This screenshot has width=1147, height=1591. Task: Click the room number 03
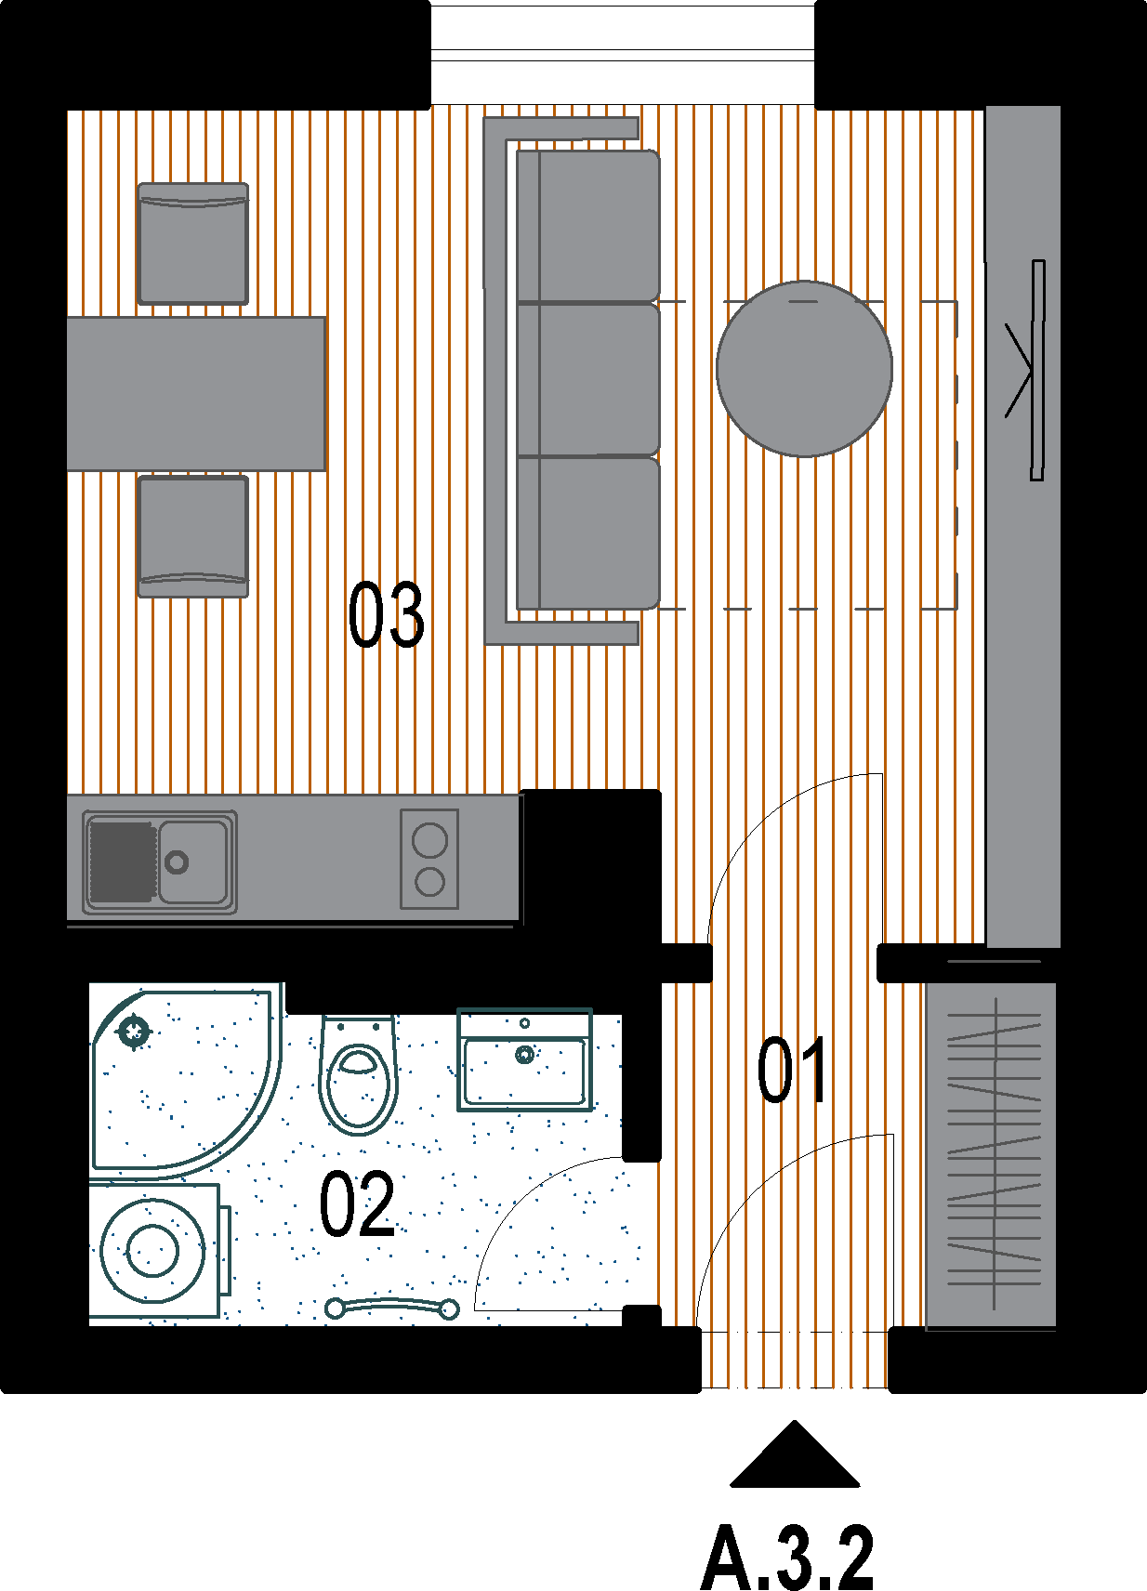387,614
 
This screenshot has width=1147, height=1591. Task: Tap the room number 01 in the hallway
792,1070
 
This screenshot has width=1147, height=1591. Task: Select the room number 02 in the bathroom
357,1203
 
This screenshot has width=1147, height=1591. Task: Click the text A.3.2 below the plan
787,1557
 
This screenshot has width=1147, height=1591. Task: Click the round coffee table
804,369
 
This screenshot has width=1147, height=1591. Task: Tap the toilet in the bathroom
359,1074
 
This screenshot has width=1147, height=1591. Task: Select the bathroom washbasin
524,1059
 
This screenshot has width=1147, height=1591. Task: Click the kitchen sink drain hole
176,862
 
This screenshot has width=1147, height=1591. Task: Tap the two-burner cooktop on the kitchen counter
429,859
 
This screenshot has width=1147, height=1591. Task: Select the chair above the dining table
193,243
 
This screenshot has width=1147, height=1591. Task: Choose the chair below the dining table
193,536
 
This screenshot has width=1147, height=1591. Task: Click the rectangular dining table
196,393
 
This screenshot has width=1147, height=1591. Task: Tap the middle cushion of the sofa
588,379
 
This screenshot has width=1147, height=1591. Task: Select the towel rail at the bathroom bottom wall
392,1308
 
